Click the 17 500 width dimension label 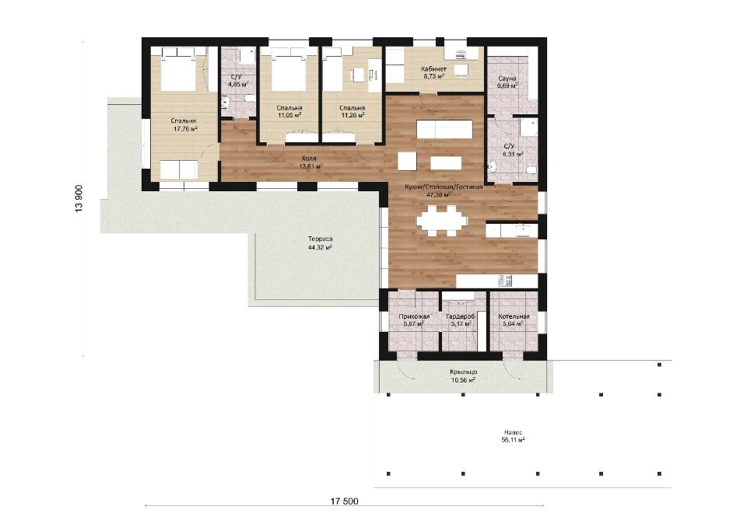coord(344,501)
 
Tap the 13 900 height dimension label coord(79,198)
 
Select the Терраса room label coord(320,239)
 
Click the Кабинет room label coord(433,69)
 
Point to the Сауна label coord(507,78)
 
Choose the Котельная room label coord(514,316)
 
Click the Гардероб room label coord(460,316)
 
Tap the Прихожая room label coord(414,316)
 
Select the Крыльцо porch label coord(464,372)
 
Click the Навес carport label coord(513,433)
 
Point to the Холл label coord(309,159)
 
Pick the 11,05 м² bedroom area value coord(289,115)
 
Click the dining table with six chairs coord(442,221)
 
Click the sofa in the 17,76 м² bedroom coord(179,170)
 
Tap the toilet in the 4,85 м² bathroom coord(249,99)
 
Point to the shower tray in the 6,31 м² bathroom coord(528,127)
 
